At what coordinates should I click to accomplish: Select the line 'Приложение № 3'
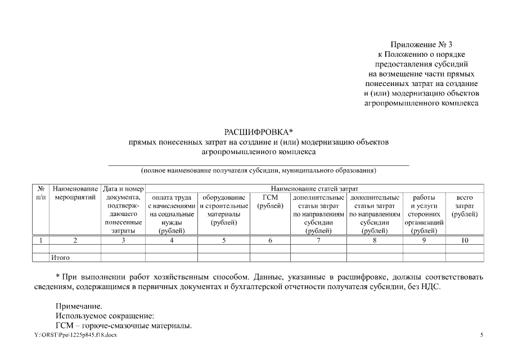click(421, 44)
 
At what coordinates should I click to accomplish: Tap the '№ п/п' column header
click(40, 193)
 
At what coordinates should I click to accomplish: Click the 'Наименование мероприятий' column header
click(75, 193)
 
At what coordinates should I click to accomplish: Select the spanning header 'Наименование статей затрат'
click(314, 188)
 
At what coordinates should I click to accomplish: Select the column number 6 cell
click(270, 240)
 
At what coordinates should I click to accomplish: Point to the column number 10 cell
click(465, 240)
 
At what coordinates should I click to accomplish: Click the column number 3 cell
click(123, 240)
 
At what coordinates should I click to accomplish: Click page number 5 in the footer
click(481, 335)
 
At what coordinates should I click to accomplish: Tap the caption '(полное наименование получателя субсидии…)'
click(258, 170)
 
